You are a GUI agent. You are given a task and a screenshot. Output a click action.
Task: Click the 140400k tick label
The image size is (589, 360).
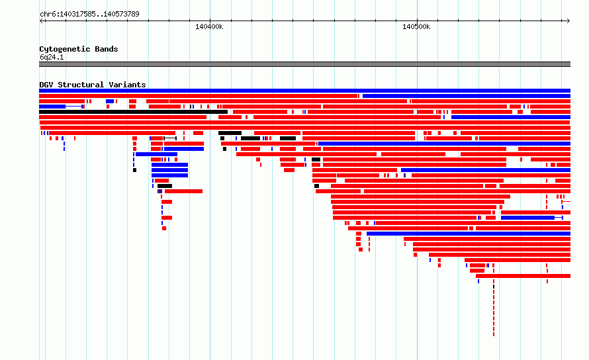(209, 26)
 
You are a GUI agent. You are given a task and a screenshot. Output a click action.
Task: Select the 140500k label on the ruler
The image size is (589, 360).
(416, 26)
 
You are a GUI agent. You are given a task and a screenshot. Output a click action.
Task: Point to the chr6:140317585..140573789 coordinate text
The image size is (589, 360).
(89, 14)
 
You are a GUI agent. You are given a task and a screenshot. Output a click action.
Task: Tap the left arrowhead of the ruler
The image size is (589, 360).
(41, 21)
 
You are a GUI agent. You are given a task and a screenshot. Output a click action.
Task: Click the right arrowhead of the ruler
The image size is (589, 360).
(568, 21)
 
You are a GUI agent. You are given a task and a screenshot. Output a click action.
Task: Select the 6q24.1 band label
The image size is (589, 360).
(52, 57)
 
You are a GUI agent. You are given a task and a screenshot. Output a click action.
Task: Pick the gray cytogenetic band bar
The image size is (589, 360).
(304, 64)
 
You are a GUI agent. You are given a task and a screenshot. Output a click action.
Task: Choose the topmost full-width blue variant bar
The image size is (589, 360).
(304, 91)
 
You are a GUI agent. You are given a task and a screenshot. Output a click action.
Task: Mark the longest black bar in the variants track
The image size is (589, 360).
(133, 112)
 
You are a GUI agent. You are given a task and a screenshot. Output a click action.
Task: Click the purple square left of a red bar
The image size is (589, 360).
(159, 191)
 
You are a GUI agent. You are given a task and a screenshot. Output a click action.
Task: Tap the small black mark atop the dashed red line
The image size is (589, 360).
(494, 287)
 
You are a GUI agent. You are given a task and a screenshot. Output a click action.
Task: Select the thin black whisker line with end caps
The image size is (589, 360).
(170, 138)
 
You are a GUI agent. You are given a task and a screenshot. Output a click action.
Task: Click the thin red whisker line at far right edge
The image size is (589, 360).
(566, 202)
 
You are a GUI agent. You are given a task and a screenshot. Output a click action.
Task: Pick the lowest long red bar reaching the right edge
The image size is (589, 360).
(523, 276)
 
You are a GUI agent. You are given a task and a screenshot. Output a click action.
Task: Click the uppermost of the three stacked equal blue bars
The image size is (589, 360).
(170, 165)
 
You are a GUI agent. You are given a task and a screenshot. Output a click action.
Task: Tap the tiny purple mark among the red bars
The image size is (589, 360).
(404, 175)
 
